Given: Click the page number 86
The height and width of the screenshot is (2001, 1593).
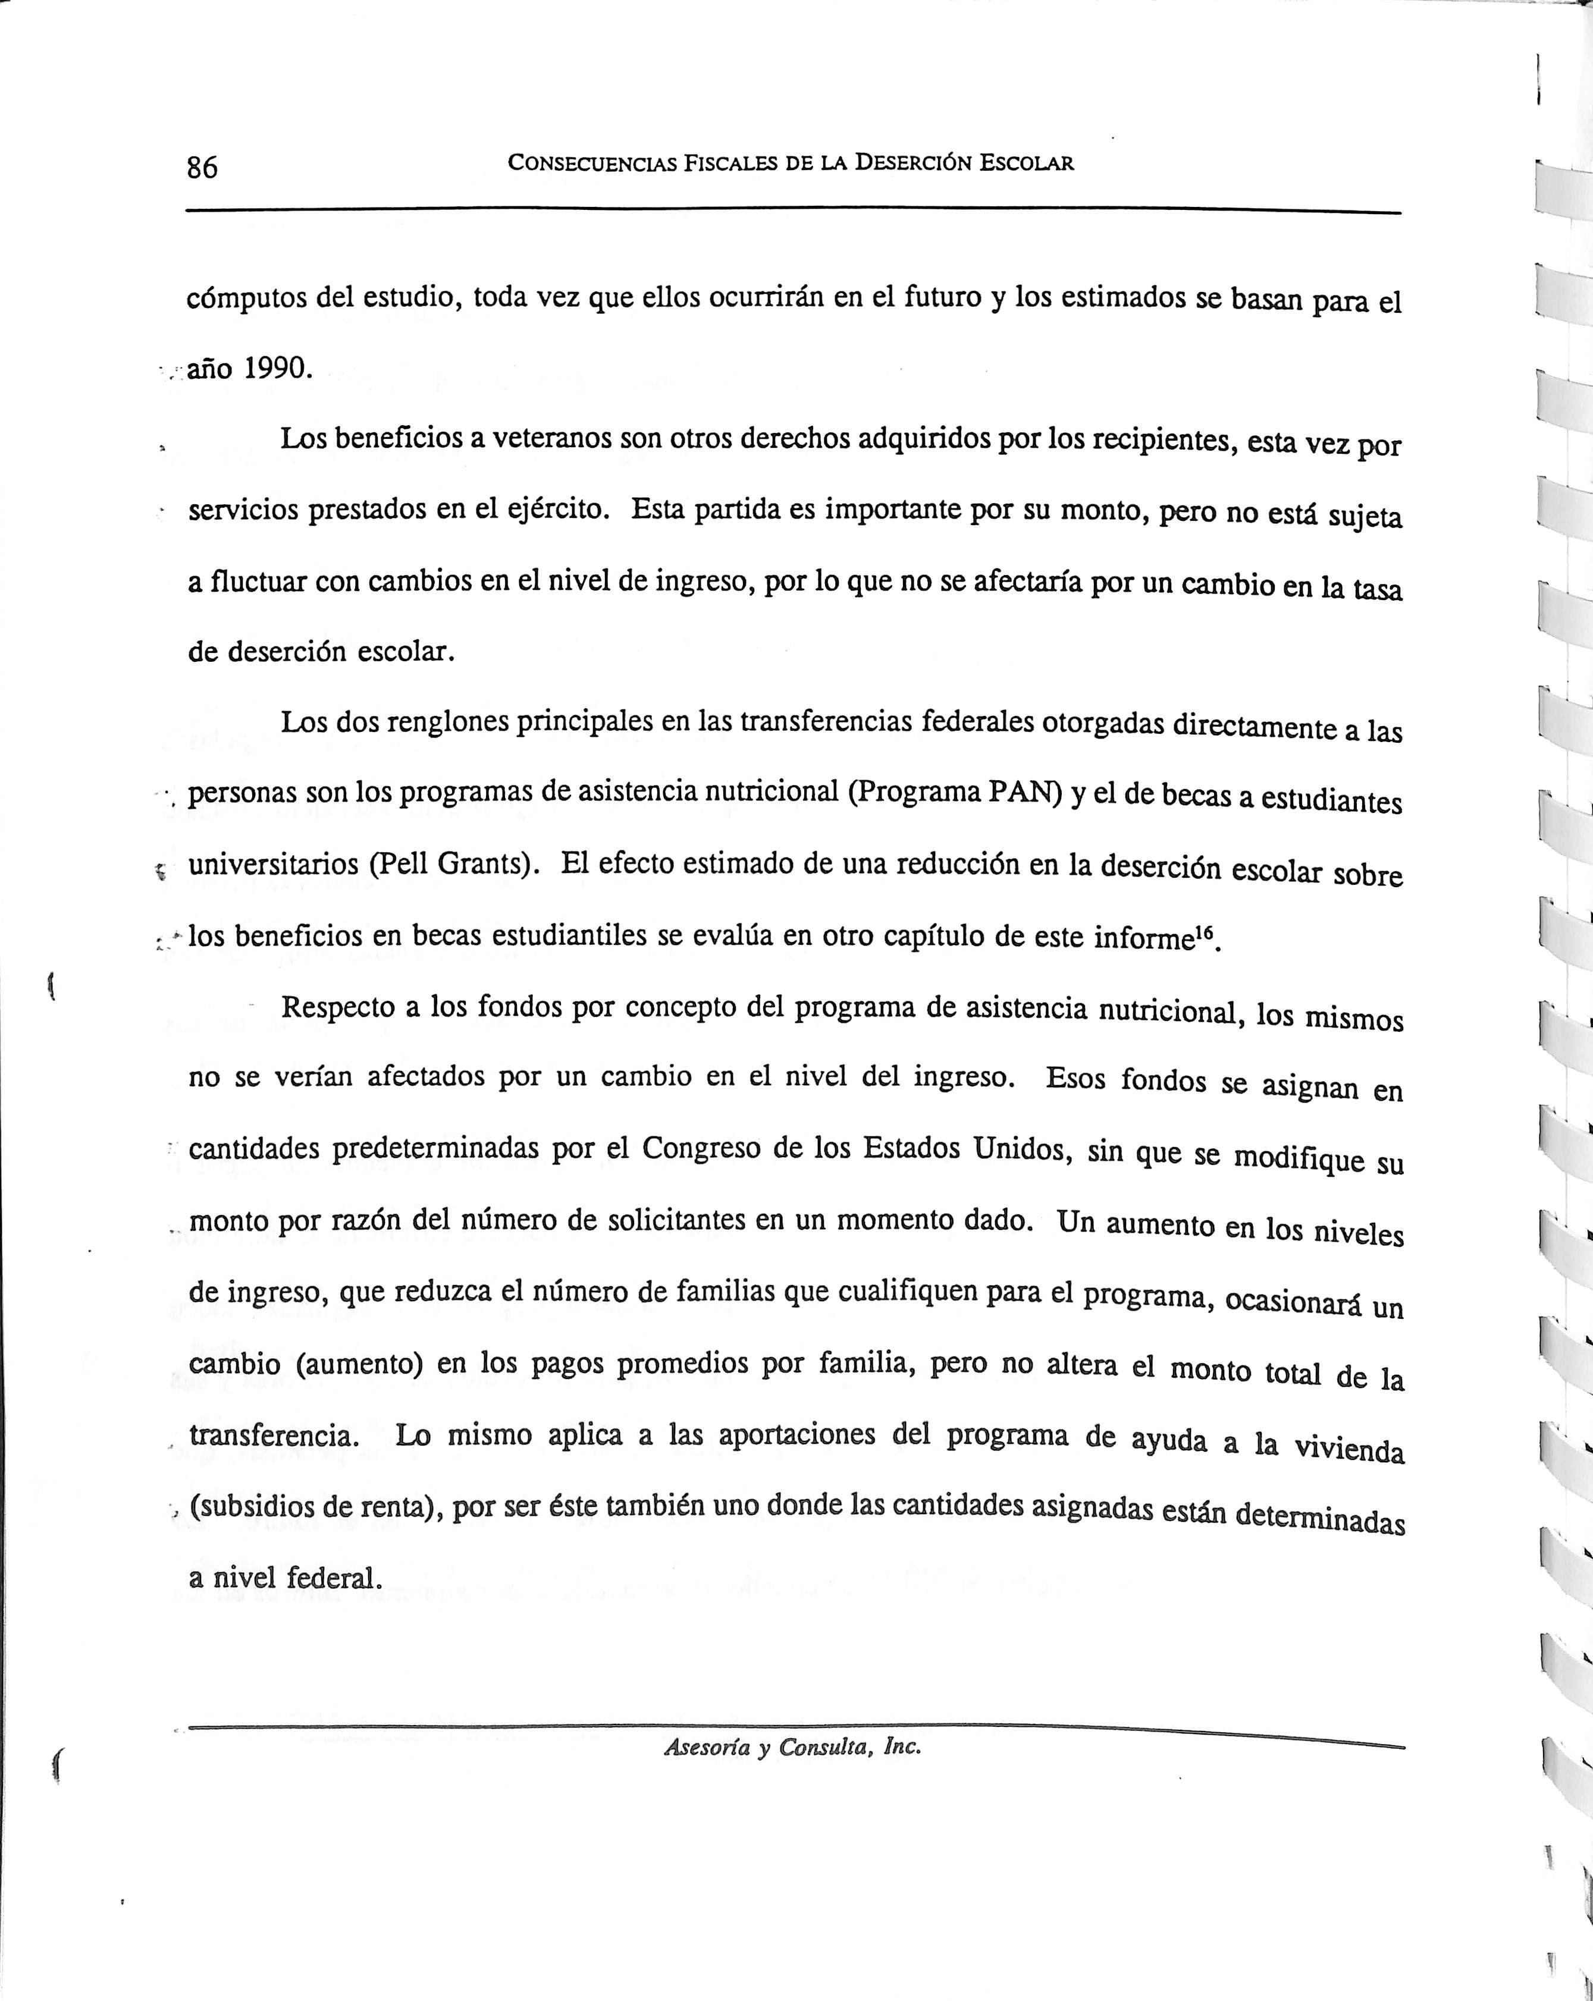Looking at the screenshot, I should click(x=202, y=167).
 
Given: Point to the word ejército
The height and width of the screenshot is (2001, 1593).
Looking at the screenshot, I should click(x=554, y=510).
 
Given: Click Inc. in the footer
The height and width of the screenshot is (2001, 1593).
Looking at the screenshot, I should click(x=901, y=1746).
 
